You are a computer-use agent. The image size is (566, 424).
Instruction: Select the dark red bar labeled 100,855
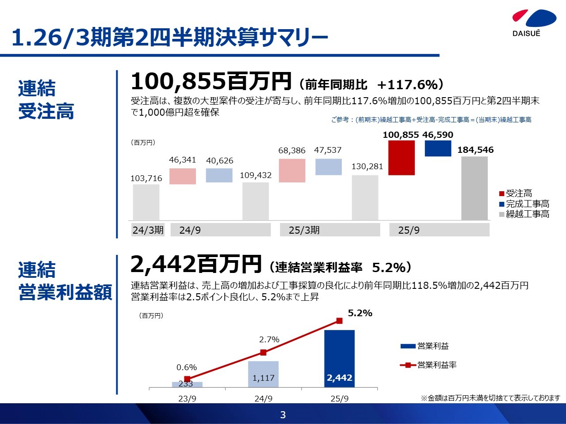(402, 158)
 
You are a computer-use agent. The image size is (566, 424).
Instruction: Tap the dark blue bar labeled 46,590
(438, 148)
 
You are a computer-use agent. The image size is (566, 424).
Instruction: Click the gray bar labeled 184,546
(474, 188)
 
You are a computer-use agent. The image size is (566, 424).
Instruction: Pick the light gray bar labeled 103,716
(146, 202)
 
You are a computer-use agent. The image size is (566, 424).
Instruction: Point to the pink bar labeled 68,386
(292, 170)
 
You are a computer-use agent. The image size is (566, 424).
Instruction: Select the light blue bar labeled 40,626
(219, 175)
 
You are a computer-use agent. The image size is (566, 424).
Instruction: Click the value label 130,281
(367, 167)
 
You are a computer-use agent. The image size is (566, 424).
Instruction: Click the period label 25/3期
(304, 230)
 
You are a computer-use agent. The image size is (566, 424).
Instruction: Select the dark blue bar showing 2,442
(339, 359)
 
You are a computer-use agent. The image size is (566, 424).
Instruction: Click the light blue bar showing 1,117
(263, 374)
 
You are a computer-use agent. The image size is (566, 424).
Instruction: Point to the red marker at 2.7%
(263, 352)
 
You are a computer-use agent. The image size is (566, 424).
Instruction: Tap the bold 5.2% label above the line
(360, 313)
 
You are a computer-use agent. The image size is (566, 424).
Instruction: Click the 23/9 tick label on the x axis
(187, 398)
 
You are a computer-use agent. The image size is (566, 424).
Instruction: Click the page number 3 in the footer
(283, 415)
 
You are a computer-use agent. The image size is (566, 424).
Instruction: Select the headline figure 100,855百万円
(211, 82)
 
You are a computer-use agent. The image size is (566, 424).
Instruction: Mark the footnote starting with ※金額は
(490, 398)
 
